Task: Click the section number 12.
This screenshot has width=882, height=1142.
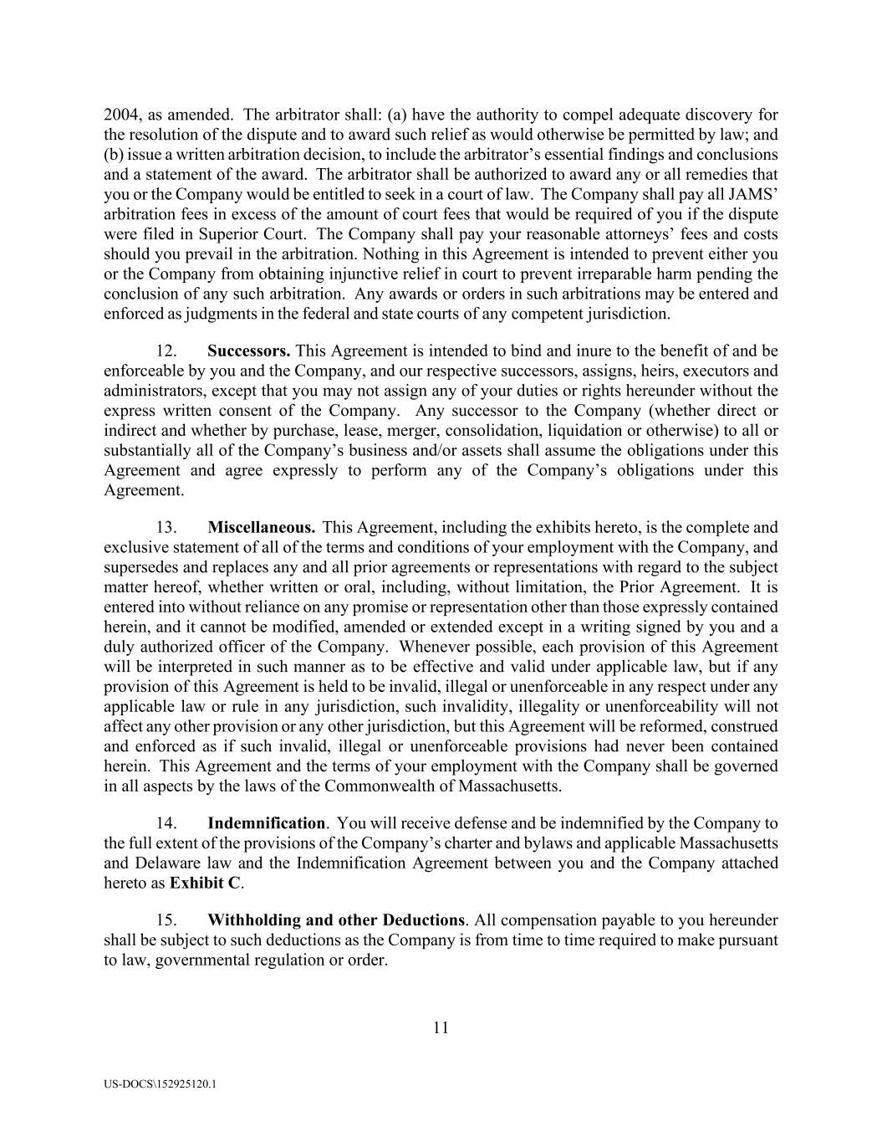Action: pyautogui.click(x=166, y=351)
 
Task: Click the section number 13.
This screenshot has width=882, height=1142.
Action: pyautogui.click(x=166, y=527)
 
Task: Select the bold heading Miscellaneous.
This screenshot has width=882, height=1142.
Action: pyautogui.click(x=261, y=527)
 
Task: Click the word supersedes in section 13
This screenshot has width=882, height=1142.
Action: pyautogui.click(x=140, y=567)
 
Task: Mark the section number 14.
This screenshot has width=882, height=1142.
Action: pyautogui.click(x=166, y=823)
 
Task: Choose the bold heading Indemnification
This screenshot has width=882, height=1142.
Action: pyautogui.click(x=266, y=823)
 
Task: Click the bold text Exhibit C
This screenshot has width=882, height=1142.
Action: pyautogui.click(x=205, y=883)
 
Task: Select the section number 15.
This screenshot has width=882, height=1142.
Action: pyautogui.click(x=166, y=920)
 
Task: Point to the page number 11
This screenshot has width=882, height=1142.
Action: pyautogui.click(x=441, y=1028)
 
